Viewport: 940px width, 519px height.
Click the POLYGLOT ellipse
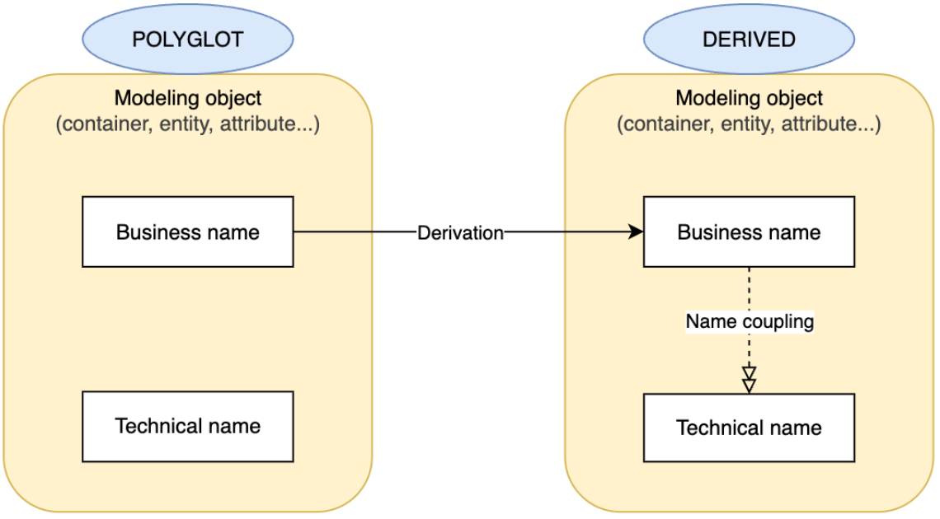click(188, 40)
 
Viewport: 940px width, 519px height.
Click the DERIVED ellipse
click(749, 40)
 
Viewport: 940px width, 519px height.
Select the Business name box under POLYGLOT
click(188, 231)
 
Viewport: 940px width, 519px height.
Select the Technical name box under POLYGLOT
click(188, 426)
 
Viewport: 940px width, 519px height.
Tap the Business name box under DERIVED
click(749, 231)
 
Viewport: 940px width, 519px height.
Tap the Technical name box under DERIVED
click(749, 428)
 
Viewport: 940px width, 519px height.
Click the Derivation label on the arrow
click(460, 232)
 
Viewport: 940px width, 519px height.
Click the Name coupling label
click(750, 321)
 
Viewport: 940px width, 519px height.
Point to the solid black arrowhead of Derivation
click(636, 232)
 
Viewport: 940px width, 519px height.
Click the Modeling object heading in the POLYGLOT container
click(188, 98)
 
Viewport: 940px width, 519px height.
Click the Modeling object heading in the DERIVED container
click(749, 98)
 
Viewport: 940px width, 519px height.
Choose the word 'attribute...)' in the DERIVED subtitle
click(830, 124)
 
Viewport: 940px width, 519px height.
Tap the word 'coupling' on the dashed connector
click(778, 321)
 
